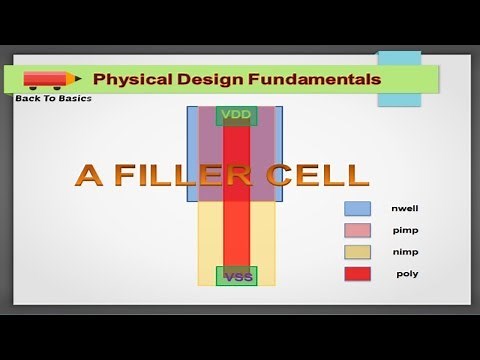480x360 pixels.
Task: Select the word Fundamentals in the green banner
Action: pyautogui.click(x=303, y=78)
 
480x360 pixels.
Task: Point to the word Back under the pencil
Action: pyautogui.click(x=28, y=98)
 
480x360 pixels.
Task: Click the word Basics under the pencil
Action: pyautogui.click(x=76, y=98)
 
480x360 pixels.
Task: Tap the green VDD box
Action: pyautogui.click(x=237, y=115)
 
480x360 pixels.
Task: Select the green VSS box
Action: pyautogui.click(x=237, y=276)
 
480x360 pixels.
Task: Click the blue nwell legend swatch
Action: pyautogui.click(x=357, y=209)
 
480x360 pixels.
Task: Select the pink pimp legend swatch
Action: pyautogui.click(x=357, y=230)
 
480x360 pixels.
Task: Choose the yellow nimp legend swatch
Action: pyautogui.click(x=357, y=251)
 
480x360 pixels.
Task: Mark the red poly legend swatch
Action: pyautogui.click(x=357, y=273)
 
